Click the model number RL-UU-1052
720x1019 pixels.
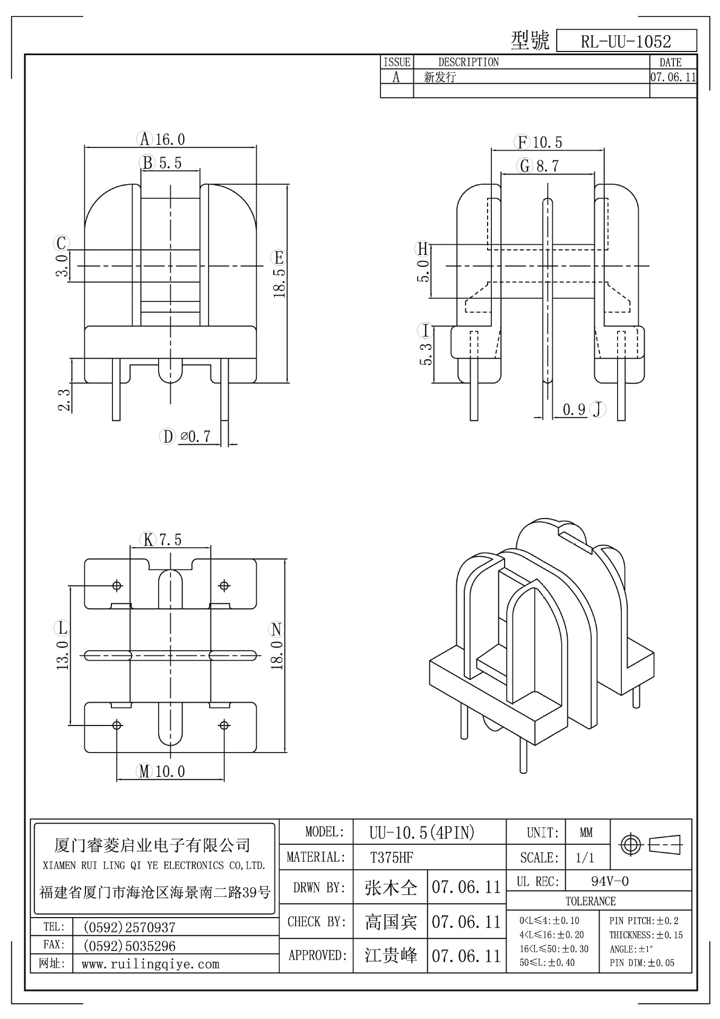626,41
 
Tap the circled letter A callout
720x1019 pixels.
144,140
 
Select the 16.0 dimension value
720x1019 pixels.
170,140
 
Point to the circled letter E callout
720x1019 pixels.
279,258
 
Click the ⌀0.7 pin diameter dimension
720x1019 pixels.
195,437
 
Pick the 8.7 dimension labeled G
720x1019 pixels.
547,166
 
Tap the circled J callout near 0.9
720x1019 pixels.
598,409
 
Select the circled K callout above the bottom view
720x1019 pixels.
148,540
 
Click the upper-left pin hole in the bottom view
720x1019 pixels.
117,585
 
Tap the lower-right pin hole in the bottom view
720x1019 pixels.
224,725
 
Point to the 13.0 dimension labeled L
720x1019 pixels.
63,655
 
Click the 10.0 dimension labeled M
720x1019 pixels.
170,771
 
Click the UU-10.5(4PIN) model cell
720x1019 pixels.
422,833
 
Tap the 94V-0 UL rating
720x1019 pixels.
610,882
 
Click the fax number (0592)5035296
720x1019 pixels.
129,946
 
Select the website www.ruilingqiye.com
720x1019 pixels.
150,964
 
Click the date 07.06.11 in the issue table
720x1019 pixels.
673,77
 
